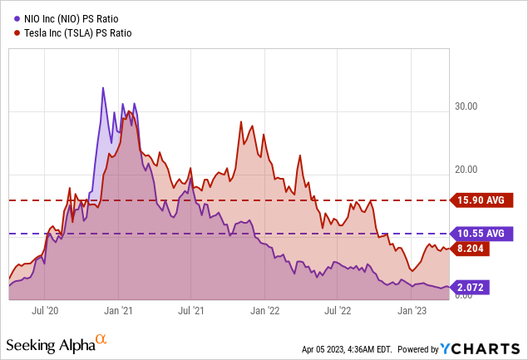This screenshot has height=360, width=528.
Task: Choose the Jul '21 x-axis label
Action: click(191, 310)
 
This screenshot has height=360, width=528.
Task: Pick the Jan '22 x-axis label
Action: click(264, 310)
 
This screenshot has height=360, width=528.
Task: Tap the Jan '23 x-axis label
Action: click(412, 310)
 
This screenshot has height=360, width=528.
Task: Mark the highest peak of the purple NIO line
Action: click(103, 87)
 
